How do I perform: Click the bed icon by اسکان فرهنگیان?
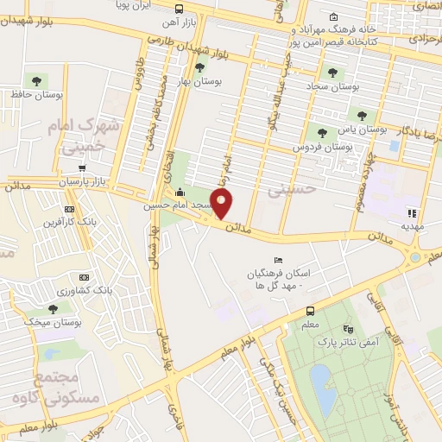click(277, 260)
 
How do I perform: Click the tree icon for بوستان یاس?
click(322, 132)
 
